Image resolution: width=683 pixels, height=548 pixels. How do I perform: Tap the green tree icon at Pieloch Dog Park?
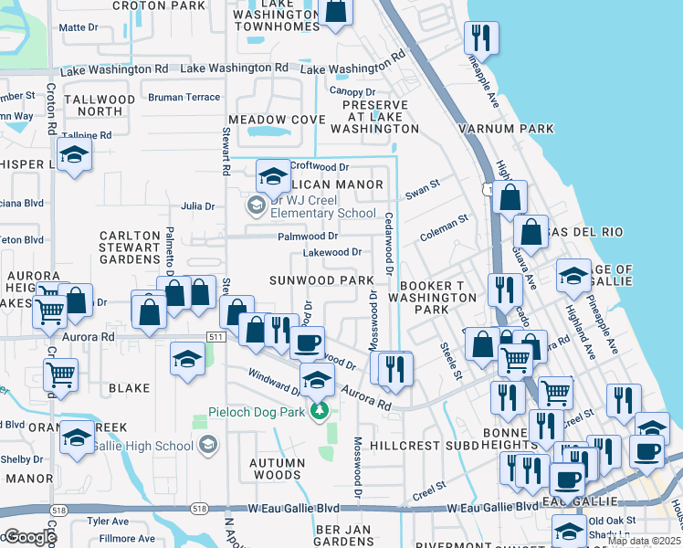click(319, 411)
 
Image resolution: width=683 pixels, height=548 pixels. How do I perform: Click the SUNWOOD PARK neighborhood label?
click(320, 279)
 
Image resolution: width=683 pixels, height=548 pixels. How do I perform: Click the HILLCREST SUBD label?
click(425, 445)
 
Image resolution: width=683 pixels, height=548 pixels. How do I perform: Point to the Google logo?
click(30, 537)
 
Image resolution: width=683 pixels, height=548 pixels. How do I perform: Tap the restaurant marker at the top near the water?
click(479, 38)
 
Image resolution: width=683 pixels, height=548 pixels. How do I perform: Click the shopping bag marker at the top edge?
click(336, 10)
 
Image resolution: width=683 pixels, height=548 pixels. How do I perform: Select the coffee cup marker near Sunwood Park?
click(307, 342)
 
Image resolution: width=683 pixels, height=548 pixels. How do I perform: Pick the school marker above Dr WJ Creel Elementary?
click(272, 175)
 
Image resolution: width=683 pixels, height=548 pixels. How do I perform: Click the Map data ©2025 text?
click(644, 541)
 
